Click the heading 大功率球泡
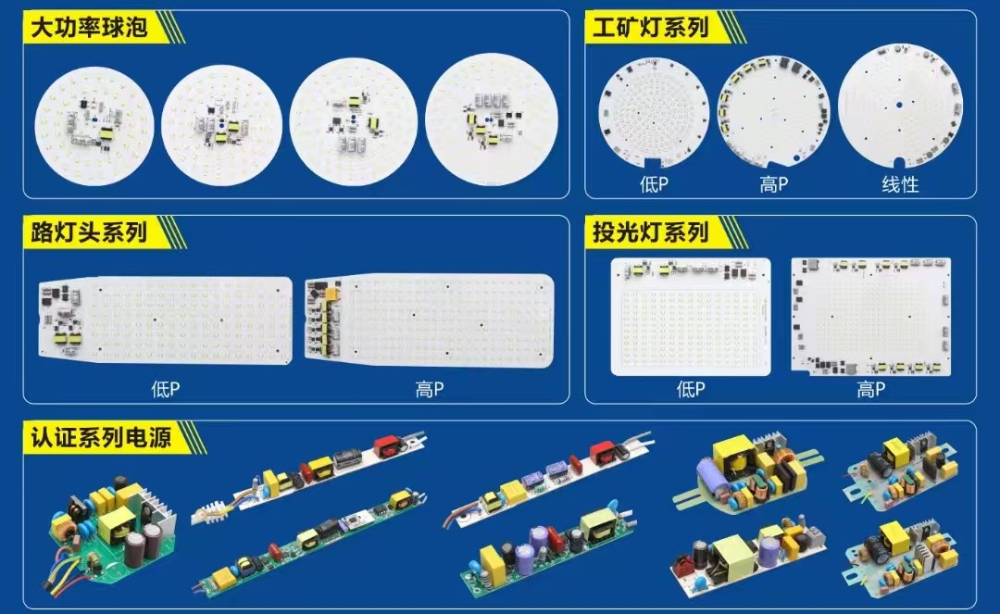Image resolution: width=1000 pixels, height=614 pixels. [89, 28]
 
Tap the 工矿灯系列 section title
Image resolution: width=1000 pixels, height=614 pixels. [651, 28]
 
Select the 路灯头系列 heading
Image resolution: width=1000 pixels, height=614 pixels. [89, 232]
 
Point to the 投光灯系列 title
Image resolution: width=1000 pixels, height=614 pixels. [651, 232]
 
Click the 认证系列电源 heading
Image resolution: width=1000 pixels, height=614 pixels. [101, 437]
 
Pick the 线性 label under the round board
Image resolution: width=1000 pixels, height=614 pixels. [901, 185]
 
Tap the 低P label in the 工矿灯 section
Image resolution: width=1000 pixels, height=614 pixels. [654, 184]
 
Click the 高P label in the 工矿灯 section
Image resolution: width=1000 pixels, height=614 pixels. [773, 184]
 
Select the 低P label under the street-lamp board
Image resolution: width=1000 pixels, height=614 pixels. [165, 388]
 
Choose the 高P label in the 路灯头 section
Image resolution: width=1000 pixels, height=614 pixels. [430, 388]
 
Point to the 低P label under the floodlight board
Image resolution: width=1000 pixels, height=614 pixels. [691, 388]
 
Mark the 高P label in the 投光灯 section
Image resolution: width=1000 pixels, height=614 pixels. [870, 388]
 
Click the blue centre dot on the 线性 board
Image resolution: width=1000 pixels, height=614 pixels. [898, 105]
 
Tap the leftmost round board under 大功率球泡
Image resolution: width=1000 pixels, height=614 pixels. [94, 126]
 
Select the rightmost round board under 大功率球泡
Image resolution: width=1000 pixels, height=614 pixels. [491, 119]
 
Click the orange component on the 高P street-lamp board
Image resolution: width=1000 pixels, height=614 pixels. [331, 294]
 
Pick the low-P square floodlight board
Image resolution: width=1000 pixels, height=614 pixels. [691, 316]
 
